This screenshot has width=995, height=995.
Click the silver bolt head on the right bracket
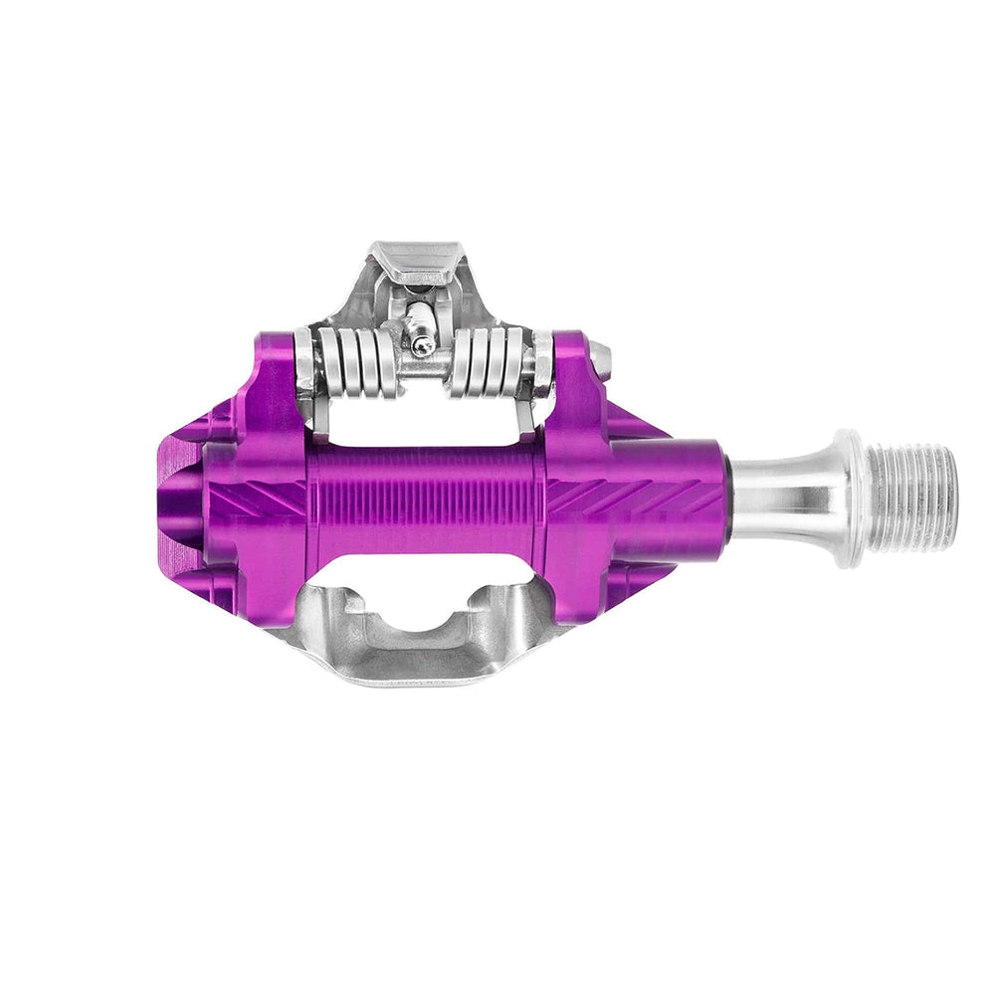(599, 353)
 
